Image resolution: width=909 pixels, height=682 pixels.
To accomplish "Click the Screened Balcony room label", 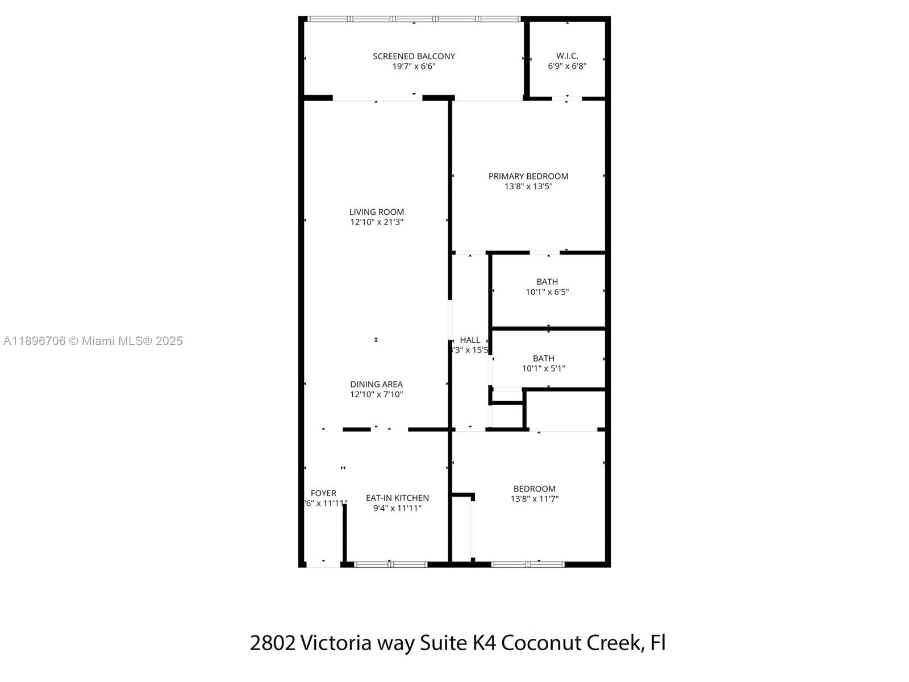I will tap(414, 56).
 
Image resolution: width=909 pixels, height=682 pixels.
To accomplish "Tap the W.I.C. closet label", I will tap(567, 56).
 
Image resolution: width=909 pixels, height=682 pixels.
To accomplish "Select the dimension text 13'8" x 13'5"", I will tap(528, 186).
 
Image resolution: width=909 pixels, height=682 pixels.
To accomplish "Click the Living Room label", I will tap(377, 212).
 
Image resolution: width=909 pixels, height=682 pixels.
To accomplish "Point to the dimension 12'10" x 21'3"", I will tap(377, 222).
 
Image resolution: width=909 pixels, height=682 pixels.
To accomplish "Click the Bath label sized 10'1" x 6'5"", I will tap(547, 282).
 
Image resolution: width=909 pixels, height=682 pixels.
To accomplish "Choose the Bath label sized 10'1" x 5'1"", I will tap(543, 358).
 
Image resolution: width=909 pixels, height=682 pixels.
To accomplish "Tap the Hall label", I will tap(470, 340).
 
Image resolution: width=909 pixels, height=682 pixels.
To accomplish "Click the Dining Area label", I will tap(376, 384).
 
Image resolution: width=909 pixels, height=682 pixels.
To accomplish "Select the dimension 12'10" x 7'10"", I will tap(376, 394).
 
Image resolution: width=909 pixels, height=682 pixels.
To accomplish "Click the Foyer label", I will tap(323, 493).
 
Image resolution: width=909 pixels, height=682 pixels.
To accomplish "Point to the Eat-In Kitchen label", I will tap(397, 498).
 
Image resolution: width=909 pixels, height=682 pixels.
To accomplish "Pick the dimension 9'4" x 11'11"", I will tap(397, 508).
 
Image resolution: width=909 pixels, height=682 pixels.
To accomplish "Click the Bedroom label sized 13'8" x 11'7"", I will tap(534, 489).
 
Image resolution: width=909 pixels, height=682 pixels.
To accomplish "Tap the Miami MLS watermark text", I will tap(93, 341).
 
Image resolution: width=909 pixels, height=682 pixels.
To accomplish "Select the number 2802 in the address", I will tap(273, 643).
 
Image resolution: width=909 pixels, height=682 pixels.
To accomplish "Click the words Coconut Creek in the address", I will tap(572, 643).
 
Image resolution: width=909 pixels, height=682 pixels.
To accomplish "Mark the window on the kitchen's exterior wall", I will tap(391, 564).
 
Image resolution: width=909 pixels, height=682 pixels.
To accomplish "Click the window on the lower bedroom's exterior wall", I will tap(528, 564).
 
